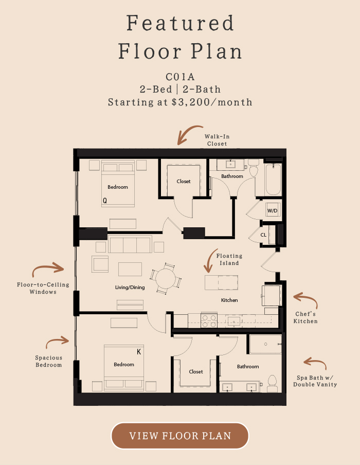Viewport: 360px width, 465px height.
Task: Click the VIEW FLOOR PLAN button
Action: [180, 436]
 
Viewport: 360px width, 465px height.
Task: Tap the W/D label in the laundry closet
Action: [272, 211]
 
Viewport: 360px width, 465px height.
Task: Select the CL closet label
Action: [263, 235]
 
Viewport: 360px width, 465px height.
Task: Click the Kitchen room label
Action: [229, 300]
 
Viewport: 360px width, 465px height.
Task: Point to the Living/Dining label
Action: [130, 288]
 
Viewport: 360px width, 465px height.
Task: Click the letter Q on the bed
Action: [105, 201]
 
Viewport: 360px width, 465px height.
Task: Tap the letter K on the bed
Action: [139, 352]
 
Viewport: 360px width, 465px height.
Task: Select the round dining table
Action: [166, 278]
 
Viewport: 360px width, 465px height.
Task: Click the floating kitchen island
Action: [221, 282]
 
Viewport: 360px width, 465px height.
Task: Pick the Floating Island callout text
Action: [229, 259]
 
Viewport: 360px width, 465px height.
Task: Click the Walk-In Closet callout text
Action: [217, 140]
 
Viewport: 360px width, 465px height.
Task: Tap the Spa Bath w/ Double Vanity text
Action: [315, 381]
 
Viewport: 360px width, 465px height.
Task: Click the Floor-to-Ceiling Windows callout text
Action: [43, 288]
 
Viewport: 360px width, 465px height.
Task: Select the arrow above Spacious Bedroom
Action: [57, 341]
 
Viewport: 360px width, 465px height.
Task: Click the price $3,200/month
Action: [212, 102]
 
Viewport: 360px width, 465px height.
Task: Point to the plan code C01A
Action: [180, 77]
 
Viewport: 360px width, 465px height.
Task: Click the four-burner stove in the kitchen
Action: [209, 320]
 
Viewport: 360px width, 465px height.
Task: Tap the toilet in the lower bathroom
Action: [273, 384]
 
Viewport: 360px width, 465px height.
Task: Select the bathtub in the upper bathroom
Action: [273, 180]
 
